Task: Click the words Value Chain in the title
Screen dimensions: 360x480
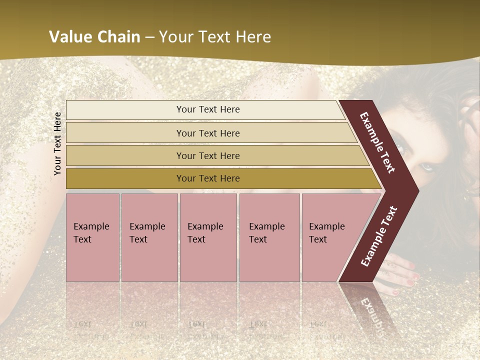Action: tap(94, 37)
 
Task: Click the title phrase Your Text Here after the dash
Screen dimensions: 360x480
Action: tap(215, 37)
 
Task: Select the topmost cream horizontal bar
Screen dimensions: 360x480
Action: tap(125, 110)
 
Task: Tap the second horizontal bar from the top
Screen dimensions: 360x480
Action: tap(125, 133)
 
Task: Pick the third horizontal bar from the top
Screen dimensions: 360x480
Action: tap(125, 155)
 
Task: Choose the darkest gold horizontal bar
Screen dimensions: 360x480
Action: tap(125, 178)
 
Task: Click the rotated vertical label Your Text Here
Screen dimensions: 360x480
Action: tap(57, 143)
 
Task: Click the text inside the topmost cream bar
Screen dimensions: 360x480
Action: tap(208, 109)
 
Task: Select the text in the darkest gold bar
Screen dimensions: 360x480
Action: tap(208, 178)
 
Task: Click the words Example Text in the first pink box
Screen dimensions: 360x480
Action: tap(91, 232)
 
